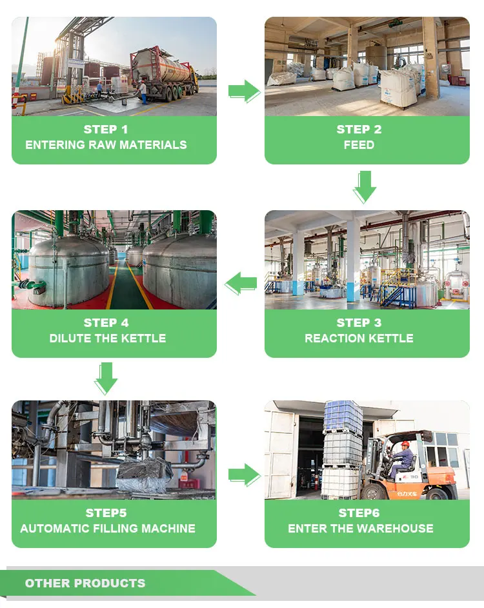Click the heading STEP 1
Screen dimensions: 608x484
(x=106, y=130)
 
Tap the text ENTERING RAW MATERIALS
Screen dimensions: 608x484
(x=106, y=145)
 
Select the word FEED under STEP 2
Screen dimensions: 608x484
(x=359, y=145)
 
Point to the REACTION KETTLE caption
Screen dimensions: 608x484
(x=359, y=338)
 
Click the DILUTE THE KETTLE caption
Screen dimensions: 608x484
(x=107, y=338)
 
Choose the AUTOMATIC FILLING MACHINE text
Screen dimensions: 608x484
(x=107, y=529)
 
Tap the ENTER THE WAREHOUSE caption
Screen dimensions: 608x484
(x=360, y=529)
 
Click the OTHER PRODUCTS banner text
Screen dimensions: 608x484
(x=85, y=583)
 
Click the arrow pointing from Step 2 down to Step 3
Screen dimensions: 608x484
(x=365, y=186)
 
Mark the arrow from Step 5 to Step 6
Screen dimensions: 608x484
(x=243, y=475)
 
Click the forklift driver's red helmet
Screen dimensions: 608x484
(x=405, y=444)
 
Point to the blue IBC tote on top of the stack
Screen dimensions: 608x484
(x=343, y=416)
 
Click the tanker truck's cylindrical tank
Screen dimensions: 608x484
(x=161, y=64)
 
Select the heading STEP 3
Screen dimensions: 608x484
(x=359, y=323)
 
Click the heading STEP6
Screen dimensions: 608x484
(x=360, y=513)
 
